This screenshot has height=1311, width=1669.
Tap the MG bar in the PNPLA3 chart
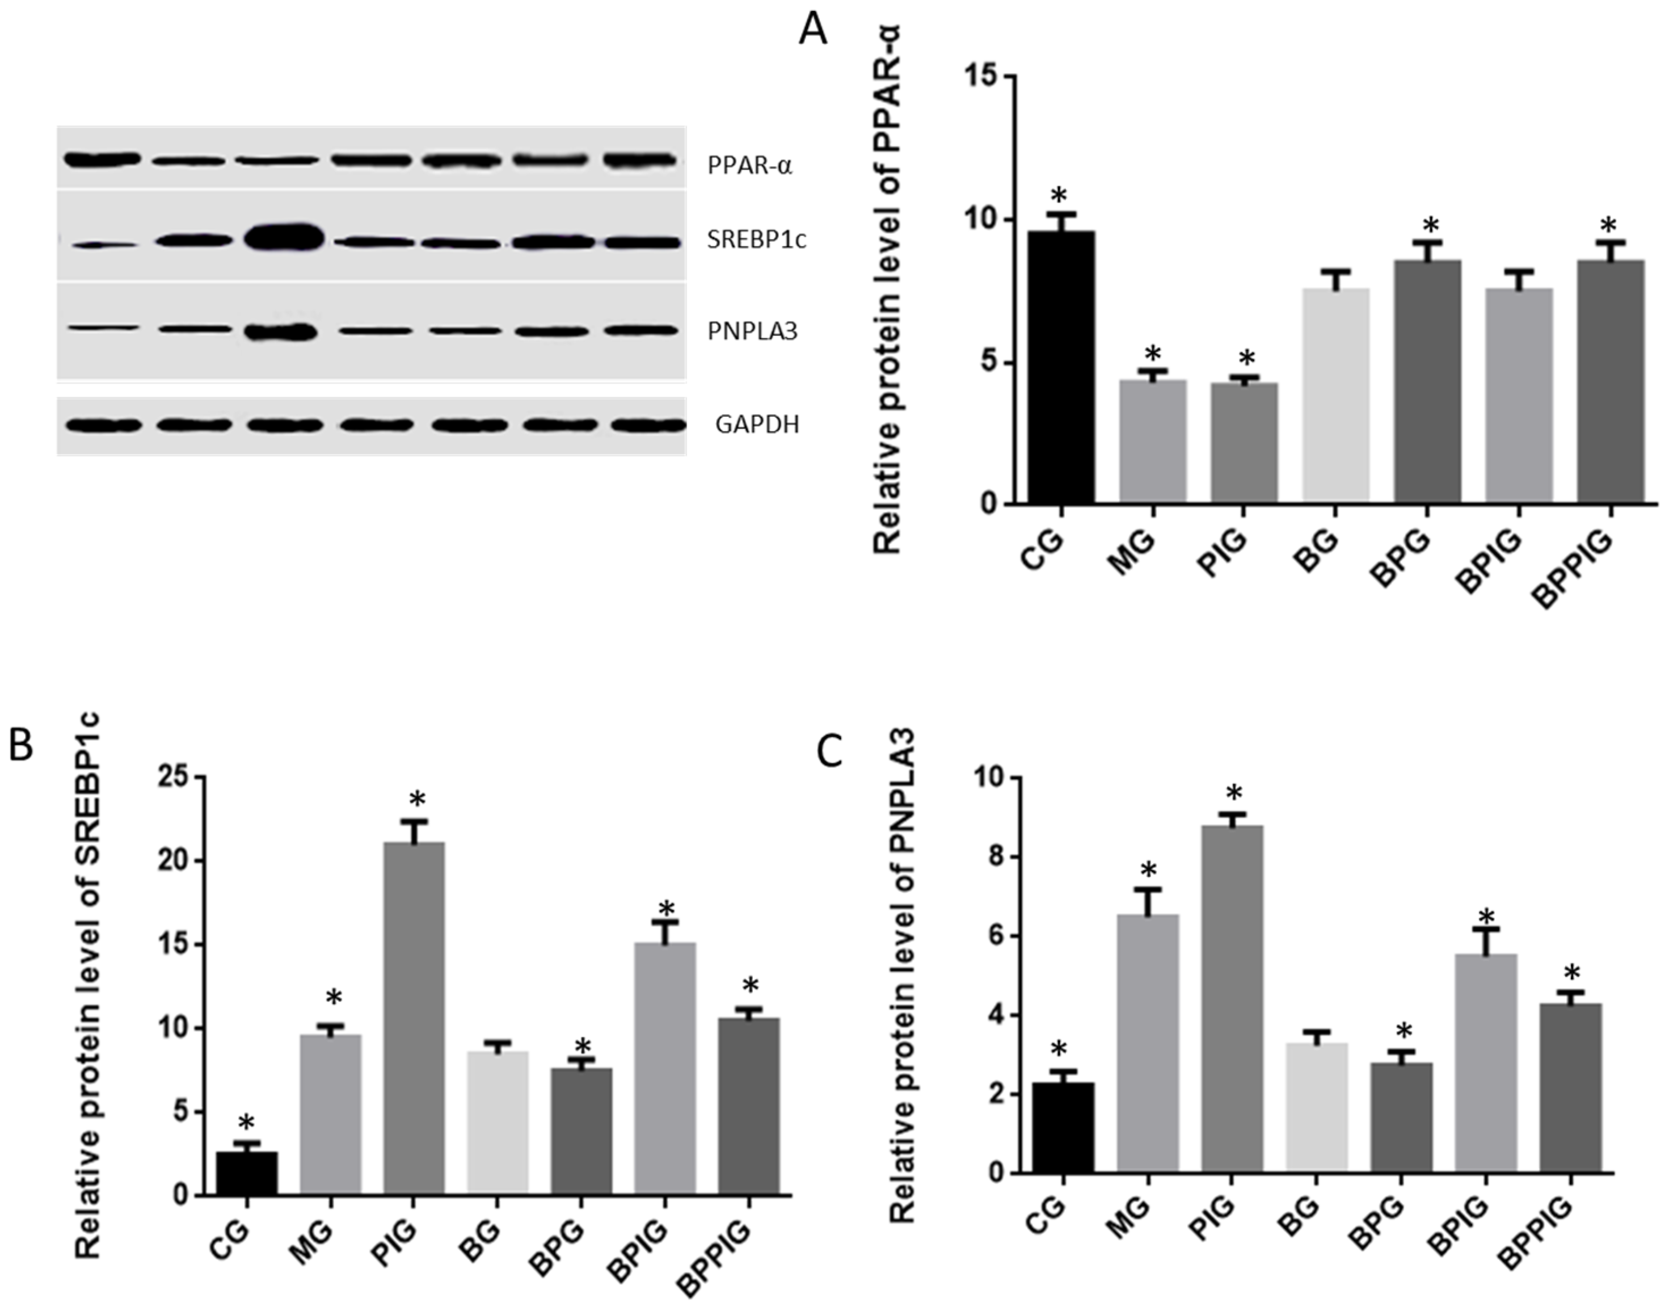pos(1147,1044)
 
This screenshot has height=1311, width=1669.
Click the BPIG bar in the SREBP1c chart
pos(665,1068)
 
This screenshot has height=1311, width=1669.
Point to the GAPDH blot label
pos(757,425)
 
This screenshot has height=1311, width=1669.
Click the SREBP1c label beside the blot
pos(757,240)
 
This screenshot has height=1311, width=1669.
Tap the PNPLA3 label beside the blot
pos(752,331)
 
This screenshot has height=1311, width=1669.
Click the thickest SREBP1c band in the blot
pos(283,238)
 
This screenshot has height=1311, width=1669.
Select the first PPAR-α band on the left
pos(102,159)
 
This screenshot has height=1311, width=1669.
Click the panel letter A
pos(814,31)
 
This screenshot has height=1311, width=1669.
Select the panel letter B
pos(21,745)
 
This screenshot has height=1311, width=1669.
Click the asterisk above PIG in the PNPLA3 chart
pos(1233,793)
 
